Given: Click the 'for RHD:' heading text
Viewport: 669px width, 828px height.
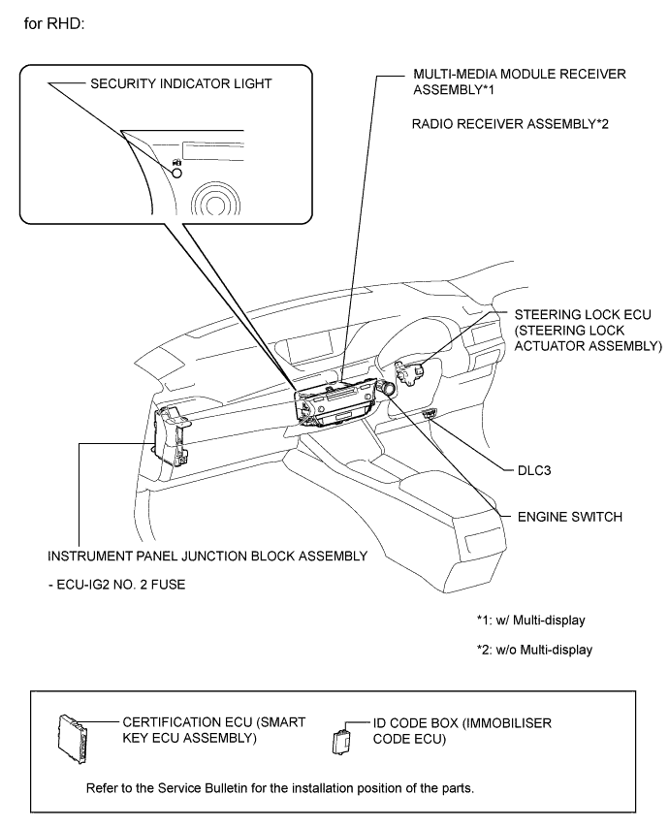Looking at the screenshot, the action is click(54, 24).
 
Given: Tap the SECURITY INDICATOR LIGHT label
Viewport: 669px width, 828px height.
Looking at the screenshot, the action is click(181, 84).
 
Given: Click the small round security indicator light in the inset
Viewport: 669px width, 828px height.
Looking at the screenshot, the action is click(177, 173).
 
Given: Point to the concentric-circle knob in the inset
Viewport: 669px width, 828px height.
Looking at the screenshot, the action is click(215, 200).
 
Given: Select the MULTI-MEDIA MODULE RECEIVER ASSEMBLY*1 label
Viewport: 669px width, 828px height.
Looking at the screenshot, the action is click(520, 81).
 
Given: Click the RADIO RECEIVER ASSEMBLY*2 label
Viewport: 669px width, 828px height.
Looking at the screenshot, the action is click(510, 124).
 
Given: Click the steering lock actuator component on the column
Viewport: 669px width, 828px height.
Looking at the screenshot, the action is click(410, 373).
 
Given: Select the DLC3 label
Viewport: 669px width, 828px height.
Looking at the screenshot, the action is click(534, 470).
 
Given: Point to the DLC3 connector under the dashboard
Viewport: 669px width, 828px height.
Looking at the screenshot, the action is click(430, 413).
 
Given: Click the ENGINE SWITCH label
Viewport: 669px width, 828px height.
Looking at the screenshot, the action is click(570, 517).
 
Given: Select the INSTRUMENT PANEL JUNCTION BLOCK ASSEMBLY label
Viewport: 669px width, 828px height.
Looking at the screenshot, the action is click(207, 557).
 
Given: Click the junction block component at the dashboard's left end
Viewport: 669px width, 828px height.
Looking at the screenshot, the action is click(170, 436).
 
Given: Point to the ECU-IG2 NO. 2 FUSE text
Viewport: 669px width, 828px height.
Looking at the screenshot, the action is click(116, 585).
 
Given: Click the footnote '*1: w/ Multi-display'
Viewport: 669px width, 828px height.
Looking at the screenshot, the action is click(530, 620).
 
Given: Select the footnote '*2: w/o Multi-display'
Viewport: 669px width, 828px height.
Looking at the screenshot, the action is click(534, 650).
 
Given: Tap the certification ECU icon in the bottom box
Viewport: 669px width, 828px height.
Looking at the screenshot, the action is click(73, 739).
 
